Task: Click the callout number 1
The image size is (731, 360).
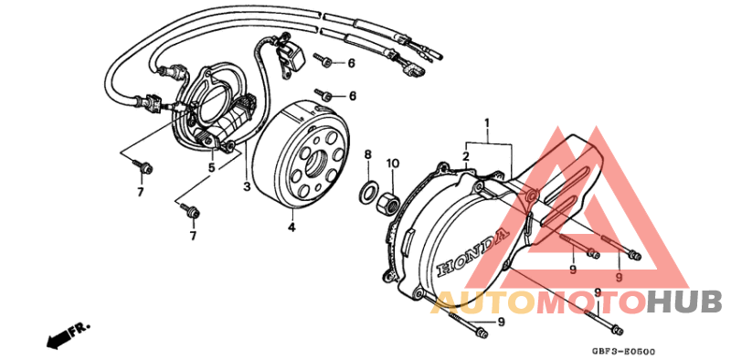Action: (487, 123)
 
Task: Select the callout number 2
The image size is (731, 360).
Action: (465, 158)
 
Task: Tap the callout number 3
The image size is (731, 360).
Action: (246, 187)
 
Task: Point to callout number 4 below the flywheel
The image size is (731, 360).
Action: (291, 227)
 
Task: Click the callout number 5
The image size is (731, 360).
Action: (211, 168)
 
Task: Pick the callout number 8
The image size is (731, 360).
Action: (367, 155)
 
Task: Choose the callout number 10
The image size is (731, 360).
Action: (392, 164)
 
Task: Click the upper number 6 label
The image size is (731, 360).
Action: (351, 63)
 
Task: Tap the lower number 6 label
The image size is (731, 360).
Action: (352, 96)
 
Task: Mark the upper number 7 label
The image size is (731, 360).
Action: (141, 192)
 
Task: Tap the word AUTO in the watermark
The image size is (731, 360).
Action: (480, 302)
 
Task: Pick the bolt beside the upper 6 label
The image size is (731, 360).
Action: (325, 60)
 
